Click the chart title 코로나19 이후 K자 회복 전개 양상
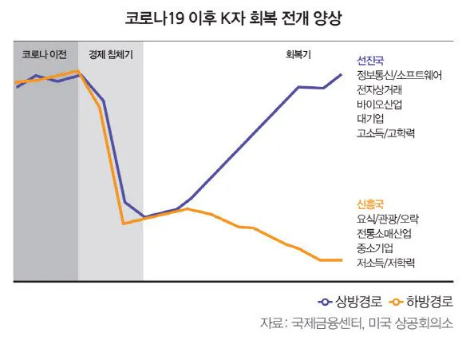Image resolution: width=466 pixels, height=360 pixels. click(x=233, y=18)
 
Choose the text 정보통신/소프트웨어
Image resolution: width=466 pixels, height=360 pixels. click(x=400, y=75)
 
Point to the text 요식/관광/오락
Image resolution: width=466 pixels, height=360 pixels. click(x=389, y=219)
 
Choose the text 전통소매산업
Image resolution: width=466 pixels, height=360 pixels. click(x=385, y=233)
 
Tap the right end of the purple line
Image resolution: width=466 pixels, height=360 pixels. click(x=342, y=74)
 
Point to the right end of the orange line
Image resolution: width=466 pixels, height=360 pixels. click(x=342, y=260)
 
